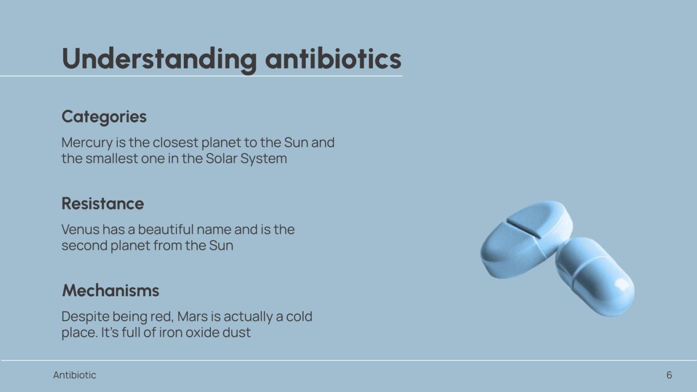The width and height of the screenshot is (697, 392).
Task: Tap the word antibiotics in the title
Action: coord(333,59)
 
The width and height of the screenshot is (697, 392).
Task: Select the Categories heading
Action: coord(104,117)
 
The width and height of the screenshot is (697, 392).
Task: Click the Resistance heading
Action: coord(103,204)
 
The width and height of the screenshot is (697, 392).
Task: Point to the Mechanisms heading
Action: coord(110,290)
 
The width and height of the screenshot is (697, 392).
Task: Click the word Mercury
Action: coord(86,143)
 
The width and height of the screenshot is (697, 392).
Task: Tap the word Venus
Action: coord(80,230)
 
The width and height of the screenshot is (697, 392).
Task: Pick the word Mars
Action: coord(193,317)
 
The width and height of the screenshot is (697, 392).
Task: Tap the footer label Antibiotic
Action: coord(74,375)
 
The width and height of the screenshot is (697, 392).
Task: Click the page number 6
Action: coord(669,375)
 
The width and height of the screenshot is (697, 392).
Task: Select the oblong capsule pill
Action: coord(594,276)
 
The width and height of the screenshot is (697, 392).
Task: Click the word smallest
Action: coord(107,158)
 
